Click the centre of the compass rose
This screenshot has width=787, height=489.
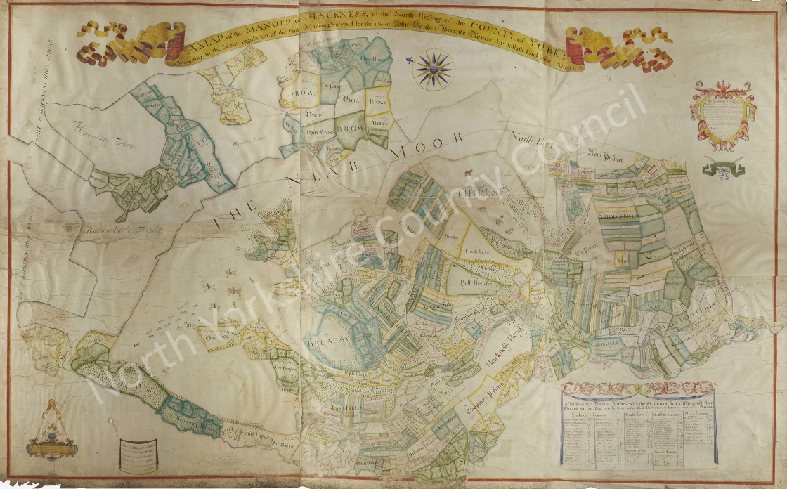(433, 69)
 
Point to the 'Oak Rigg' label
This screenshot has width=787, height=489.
(214, 336)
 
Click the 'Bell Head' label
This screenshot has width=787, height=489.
(464, 286)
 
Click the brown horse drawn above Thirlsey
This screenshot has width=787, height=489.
(467, 173)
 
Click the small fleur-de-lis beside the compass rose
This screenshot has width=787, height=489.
(409, 61)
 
